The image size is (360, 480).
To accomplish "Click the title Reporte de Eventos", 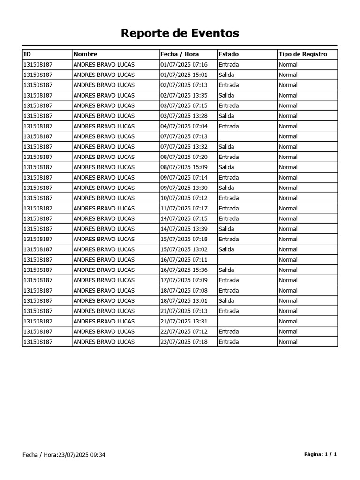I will tap(180, 33).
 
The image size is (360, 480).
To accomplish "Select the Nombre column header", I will tap(85, 54).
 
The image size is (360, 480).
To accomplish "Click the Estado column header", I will tap(228, 54).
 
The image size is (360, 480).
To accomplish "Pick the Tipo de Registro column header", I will tap(303, 54).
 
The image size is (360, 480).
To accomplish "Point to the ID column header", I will tap(27, 54).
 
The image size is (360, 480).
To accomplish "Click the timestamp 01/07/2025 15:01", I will tap(184, 75).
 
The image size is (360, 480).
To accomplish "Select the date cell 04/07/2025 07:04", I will tap(184, 127).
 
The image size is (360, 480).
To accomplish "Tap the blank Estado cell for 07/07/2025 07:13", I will tap(247, 136).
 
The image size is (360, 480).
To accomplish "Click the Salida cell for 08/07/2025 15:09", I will tap(226, 167).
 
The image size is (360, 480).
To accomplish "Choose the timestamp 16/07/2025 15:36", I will tap(184, 270).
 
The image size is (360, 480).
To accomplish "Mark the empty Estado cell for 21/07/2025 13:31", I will tap(247, 322).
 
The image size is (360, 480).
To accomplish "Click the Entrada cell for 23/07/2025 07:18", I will tap(229, 342).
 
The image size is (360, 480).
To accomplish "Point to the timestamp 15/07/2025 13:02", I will tap(184, 249).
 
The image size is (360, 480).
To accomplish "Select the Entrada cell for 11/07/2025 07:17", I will tap(229, 209).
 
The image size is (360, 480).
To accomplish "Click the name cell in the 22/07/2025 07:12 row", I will tap(104, 332).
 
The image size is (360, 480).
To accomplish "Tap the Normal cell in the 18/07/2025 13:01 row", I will tap(288, 301).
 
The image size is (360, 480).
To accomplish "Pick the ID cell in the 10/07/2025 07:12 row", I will tap(37, 198).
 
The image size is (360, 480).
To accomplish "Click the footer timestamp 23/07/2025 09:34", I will tap(82, 455).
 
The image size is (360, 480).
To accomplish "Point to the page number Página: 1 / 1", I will tap(321, 454).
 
